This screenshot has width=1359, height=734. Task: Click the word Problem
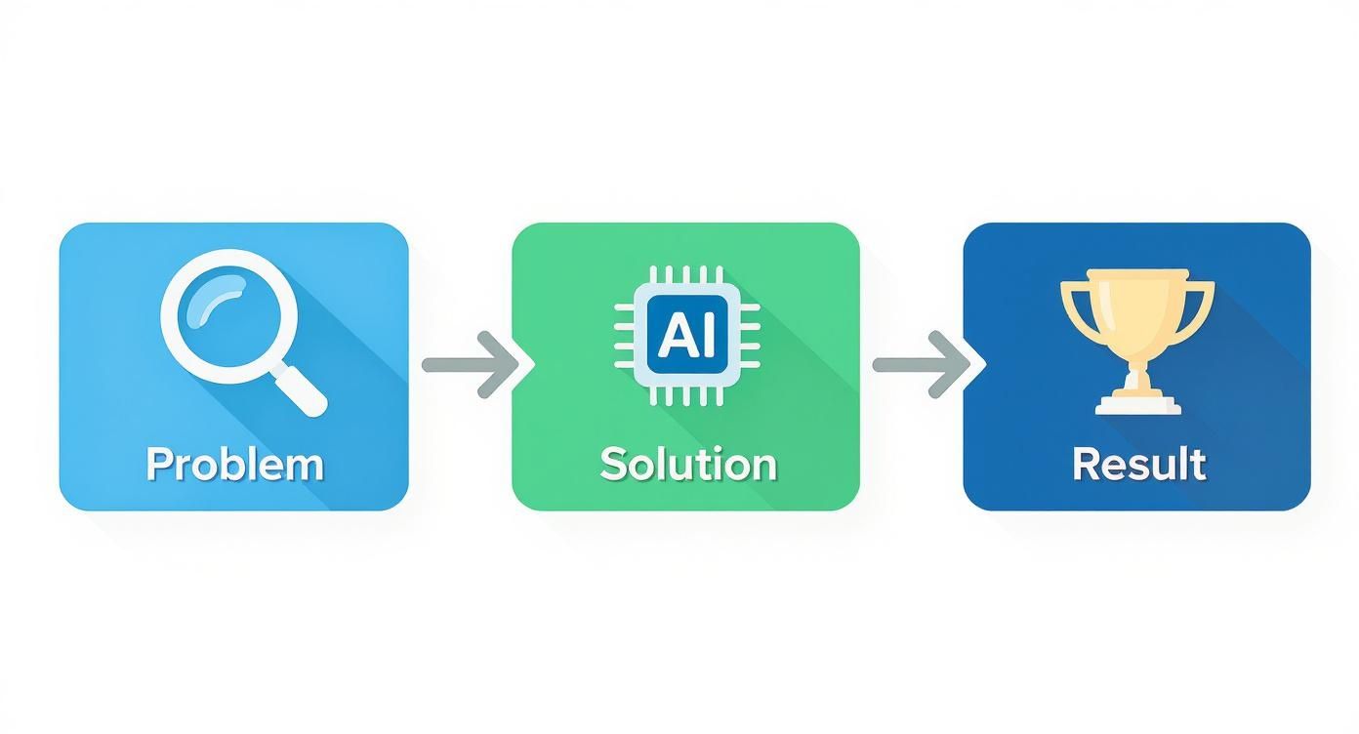tap(234, 464)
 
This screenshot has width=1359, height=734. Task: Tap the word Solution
tap(688, 464)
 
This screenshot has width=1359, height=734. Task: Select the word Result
tap(1138, 464)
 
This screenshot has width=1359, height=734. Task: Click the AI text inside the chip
tap(686, 335)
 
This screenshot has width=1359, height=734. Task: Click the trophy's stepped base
tap(1137, 403)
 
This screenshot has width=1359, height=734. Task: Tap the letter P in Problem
tap(158, 464)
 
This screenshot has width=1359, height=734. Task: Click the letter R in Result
tap(1085, 464)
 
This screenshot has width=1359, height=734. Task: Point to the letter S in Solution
tap(612, 464)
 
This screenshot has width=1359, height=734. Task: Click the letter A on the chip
tap(674, 335)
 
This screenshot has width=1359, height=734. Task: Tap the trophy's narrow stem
tap(1137, 371)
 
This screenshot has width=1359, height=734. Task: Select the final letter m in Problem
tap(305, 466)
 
